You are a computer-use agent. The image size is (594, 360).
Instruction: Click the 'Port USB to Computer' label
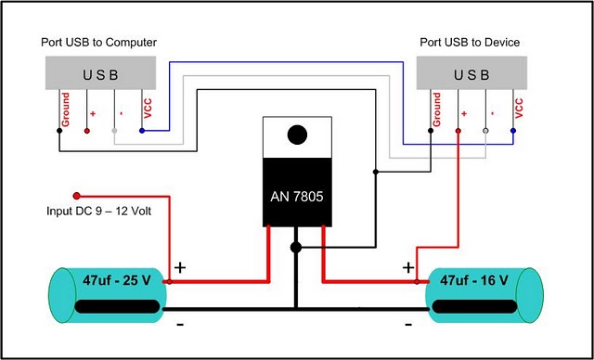[99, 43]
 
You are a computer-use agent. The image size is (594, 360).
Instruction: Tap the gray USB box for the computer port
[100, 74]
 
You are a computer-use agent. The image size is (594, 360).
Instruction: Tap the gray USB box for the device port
[471, 74]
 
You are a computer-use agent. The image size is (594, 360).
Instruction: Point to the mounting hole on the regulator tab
[297, 135]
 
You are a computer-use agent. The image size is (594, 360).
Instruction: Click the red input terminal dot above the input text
[77, 196]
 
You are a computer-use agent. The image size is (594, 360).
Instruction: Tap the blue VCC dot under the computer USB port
[141, 131]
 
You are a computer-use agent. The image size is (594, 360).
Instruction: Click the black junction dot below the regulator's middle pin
[296, 248]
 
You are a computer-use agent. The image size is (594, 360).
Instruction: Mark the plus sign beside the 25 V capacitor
[180, 267]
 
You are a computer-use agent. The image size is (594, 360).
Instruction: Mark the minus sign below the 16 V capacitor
[408, 325]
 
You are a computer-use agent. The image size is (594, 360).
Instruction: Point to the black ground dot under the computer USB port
[59, 131]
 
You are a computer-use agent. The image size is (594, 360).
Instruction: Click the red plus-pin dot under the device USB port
[458, 131]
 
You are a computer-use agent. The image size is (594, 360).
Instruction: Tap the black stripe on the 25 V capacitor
[115, 306]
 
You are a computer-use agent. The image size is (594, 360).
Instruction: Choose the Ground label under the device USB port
[437, 109]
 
